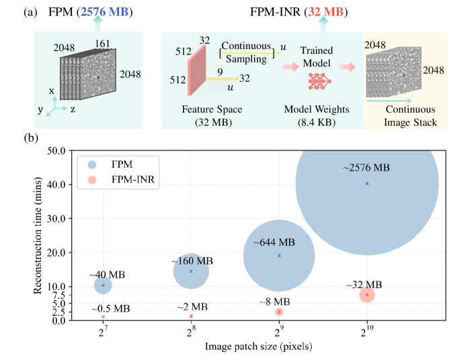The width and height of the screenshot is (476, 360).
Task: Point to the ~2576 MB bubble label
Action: coord(366,167)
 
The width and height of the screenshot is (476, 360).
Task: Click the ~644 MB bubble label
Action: coord(274,241)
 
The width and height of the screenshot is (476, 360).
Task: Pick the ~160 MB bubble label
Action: coord(192,260)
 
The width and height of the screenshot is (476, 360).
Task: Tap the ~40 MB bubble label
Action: coord(107,275)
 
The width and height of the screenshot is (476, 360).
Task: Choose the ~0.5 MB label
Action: coord(111,308)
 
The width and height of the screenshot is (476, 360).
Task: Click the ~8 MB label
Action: coord(278,302)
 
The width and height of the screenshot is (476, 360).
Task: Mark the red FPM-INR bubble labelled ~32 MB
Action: coord(366,294)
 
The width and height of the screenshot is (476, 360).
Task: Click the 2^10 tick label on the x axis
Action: coord(366,333)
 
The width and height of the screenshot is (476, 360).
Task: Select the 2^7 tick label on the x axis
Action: coord(103,333)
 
